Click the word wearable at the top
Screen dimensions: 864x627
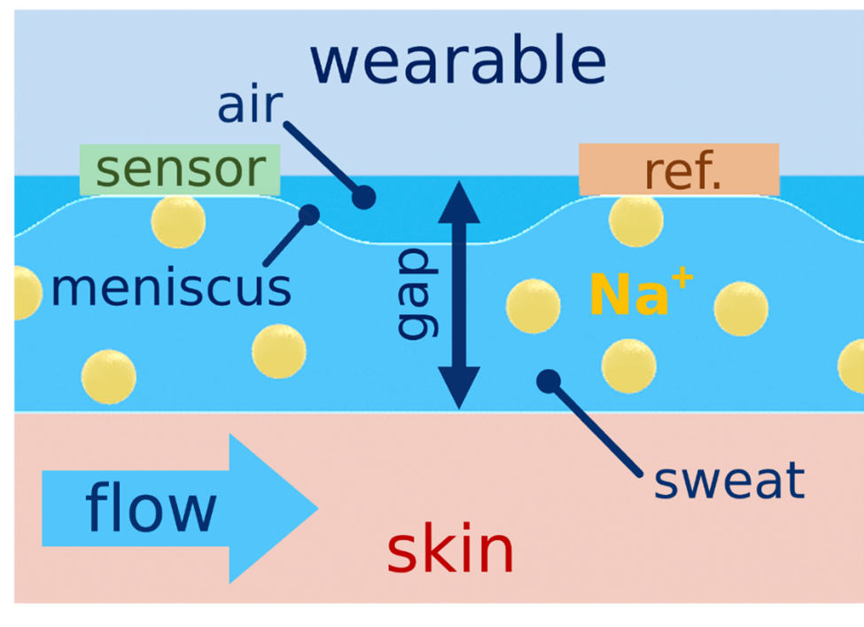click(x=458, y=59)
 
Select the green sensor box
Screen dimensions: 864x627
click(x=180, y=170)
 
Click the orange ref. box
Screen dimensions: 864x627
click(x=679, y=169)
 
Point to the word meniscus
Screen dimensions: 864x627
click(x=171, y=288)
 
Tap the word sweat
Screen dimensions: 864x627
click(x=729, y=481)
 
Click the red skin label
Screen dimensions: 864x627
click(x=450, y=548)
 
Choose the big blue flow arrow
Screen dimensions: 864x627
click(x=180, y=508)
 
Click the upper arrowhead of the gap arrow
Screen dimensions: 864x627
click(x=459, y=202)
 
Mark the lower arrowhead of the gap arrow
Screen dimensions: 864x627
click(x=459, y=388)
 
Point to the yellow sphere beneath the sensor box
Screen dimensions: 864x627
click(x=178, y=221)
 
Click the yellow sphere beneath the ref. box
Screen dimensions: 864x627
click(x=636, y=220)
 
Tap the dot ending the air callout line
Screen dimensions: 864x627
click(x=363, y=197)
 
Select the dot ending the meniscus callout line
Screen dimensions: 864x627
click(x=309, y=216)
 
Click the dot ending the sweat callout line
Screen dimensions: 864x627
click(x=549, y=381)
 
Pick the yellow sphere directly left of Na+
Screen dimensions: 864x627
click(x=533, y=306)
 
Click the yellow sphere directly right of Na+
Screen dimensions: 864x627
click(x=741, y=309)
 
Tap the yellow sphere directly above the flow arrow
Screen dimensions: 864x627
click(x=108, y=377)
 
